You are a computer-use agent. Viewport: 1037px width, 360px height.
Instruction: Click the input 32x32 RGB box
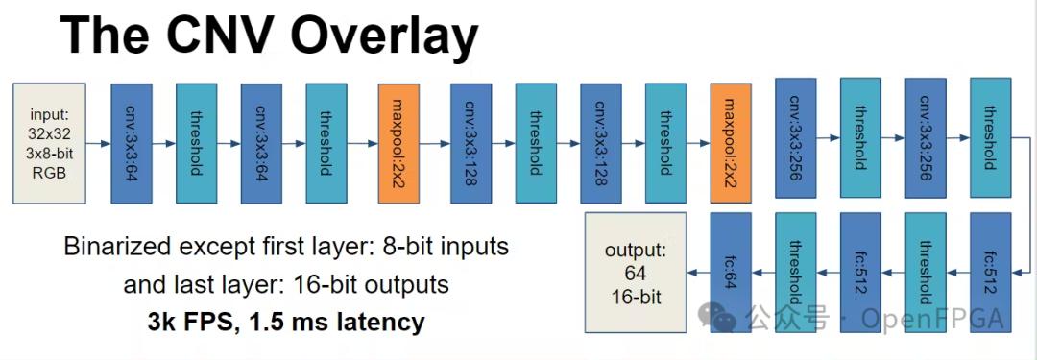click(50, 143)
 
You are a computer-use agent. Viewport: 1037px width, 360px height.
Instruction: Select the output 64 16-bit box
click(636, 273)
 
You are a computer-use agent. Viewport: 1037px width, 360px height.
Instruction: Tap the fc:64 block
click(731, 272)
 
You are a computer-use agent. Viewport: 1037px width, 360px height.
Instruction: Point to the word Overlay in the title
click(384, 37)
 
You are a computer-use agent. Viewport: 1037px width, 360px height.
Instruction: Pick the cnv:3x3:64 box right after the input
click(132, 143)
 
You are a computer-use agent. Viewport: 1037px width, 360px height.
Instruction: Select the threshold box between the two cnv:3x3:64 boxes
click(197, 143)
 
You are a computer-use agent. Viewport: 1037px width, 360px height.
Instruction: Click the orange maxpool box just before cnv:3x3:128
click(398, 143)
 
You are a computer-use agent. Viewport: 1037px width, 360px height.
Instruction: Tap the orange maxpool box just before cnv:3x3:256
click(731, 143)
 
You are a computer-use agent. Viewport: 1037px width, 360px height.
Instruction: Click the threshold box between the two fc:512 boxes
click(926, 272)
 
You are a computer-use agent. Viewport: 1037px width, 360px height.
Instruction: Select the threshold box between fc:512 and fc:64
click(796, 272)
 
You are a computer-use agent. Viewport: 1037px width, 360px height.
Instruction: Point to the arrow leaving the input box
click(99, 143)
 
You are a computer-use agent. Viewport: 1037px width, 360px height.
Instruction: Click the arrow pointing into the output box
click(698, 272)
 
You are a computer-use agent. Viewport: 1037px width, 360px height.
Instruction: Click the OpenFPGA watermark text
click(932, 319)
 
